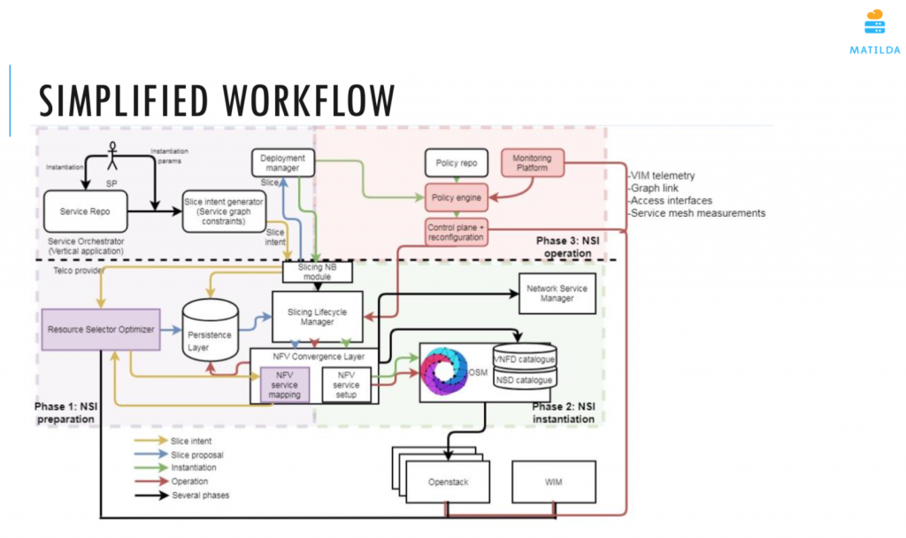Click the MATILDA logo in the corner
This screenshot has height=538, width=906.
[x=874, y=30]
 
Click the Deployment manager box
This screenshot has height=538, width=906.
[x=282, y=163]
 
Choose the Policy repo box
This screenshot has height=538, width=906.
[x=456, y=164]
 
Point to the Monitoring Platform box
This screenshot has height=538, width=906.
[x=533, y=162]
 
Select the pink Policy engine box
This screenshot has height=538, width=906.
[x=456, y=196]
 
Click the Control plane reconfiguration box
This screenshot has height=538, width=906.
[x=456, y=232]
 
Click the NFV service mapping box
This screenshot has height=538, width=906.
[x=285, y=384]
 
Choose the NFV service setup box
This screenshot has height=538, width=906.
[x=347, y=384]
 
